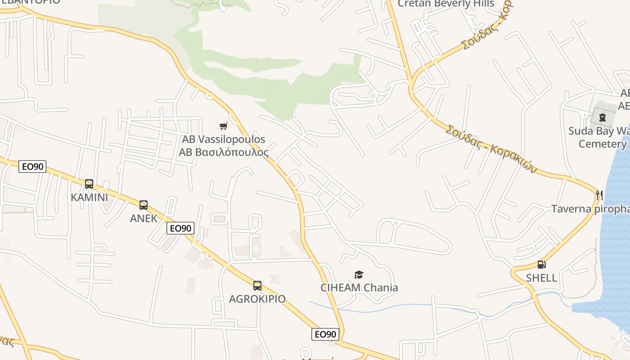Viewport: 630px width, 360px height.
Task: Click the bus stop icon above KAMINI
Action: [89, 184]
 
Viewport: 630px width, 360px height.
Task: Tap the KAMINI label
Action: [89, 197]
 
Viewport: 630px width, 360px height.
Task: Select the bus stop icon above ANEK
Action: [144, 205]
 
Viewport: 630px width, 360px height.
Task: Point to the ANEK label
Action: [144, 218]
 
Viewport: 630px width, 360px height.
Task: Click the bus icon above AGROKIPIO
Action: [257, 286]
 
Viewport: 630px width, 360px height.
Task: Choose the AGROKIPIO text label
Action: [257, 299]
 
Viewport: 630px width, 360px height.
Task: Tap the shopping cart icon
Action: [223, 126]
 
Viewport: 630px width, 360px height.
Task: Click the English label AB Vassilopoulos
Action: [224, 139]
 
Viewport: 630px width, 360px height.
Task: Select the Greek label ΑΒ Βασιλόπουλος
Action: [224, 152]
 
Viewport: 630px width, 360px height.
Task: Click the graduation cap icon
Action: [359, 274]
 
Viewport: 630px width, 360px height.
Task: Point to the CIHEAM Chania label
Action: [359, 288]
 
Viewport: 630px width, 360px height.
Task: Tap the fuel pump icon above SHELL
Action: [541, 265]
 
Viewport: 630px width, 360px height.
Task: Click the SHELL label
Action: [541, 278]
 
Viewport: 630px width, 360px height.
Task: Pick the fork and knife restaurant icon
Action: [599, 195]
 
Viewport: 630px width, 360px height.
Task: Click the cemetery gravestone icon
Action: [602, 118]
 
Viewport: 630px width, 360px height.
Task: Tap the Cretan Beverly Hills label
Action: [445, 4]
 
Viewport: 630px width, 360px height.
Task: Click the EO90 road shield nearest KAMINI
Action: [33, 166]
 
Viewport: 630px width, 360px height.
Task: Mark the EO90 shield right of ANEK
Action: [180, 228]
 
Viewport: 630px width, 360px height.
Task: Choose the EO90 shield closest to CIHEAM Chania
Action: [325, 334]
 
